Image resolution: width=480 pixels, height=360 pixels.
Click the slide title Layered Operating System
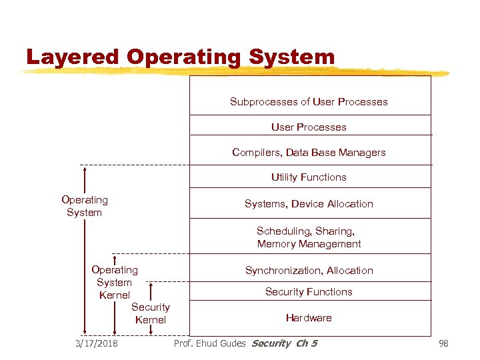click(x=180, y=57)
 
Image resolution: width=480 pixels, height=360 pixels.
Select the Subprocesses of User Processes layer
click(x=309, y=102)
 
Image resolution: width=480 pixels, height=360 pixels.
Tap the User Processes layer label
click(x=309, y=127)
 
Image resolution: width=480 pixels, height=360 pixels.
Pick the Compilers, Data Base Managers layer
click(x=309, y=152)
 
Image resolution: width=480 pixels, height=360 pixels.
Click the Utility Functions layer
click(x=309, y=177)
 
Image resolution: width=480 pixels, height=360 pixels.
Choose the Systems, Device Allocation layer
click(x=309, y=203)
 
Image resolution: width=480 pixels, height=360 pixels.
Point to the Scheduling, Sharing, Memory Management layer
click(x=309, y=237)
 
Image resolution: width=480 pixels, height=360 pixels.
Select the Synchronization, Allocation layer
click(x=309, y=270)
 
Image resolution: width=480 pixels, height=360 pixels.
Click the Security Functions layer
click(x=309, y=291)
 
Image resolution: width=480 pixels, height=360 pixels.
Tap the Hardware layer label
click(x=309, y=317)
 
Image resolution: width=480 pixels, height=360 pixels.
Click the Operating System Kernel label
click(x=114, y=282)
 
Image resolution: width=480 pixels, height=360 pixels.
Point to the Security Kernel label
click(x=151, y=313)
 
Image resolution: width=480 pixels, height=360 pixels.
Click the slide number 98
click(x=443, y=343)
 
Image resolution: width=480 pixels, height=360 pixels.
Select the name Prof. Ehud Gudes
click(x=210, y=343)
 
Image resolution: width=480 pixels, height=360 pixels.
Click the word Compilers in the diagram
click(x=256, y=152)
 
